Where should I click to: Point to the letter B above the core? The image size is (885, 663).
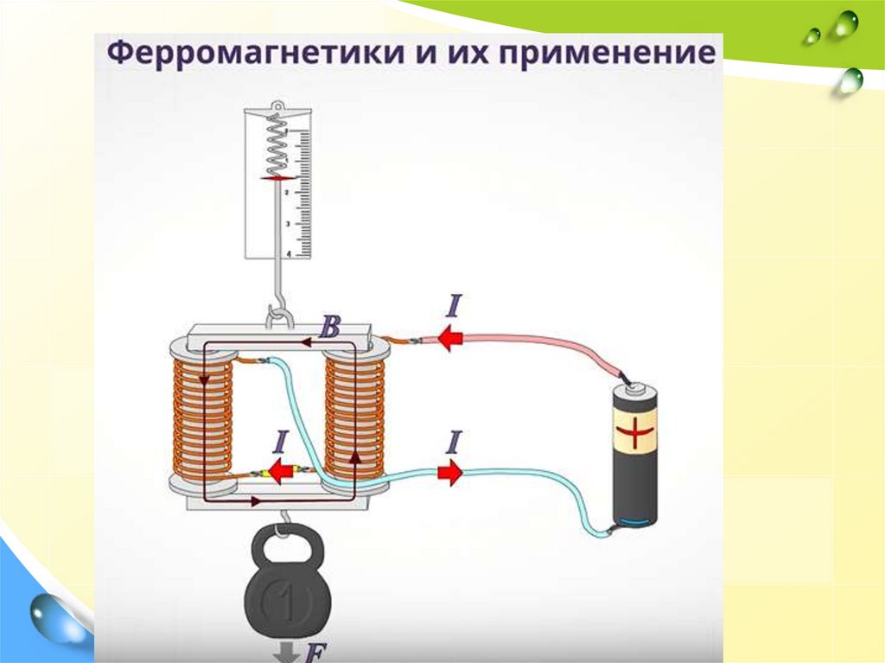329,328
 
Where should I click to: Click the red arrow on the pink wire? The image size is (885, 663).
449,338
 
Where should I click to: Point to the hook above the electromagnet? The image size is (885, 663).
277,315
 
